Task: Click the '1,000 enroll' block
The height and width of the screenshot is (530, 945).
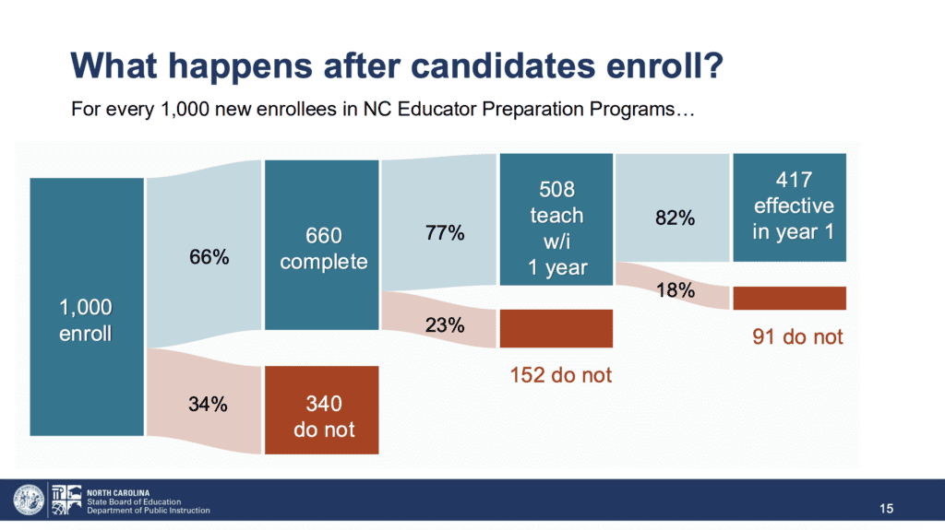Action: click(x=87, y=307)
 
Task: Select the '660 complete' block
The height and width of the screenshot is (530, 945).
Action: click(x=322, y=244)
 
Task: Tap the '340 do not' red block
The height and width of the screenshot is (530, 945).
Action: click(x=322, y=409)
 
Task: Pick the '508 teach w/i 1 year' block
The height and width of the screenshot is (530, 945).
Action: click(x=556, y=219)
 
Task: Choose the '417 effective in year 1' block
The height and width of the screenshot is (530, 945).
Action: click(x=790, y=207)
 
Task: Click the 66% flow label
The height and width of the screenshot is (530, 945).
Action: click(x=209, y=257)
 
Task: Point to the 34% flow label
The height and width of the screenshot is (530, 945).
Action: click(x=208, y=404)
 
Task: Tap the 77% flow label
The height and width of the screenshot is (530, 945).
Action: click(x=445, y=232)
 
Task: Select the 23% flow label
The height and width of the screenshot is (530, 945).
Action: click(x=445, y=325)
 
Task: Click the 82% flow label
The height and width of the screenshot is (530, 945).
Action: click(x=675, y=218)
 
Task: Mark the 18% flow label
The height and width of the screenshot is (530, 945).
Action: click(x=675, y=290)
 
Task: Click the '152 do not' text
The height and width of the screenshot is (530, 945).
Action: click(x=560, y=375)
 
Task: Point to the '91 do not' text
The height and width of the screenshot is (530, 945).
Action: click(x=797, y=336)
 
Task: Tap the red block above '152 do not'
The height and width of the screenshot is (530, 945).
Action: click(x=556, y=328)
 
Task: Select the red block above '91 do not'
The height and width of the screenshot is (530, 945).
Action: click(x=790, y=298)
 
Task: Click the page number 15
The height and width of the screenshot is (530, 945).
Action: click(x=886, y=509)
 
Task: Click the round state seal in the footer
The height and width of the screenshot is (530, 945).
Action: click(x=29, y=500)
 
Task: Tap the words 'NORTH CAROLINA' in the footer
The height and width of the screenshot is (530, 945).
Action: click(x=118, y=492)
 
